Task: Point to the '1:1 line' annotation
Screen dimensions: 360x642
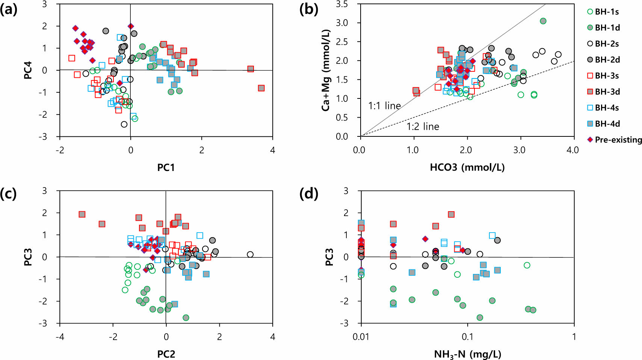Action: [384, 106]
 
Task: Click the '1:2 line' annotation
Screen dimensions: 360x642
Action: [423, 127]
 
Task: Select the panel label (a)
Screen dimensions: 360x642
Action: [9, 10]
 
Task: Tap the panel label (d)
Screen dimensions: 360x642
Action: [309, 194]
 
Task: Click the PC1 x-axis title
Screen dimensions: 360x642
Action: [166, 168]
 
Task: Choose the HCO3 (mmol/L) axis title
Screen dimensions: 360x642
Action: [467, 168]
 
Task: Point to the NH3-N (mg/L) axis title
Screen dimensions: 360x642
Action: [467, 354]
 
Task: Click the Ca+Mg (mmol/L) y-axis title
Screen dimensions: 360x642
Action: [325, 70]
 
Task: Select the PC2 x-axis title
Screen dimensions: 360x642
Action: [166, 354]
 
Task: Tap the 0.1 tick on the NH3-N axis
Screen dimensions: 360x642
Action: [467, 337]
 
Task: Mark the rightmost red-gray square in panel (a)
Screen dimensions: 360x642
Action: [261, 88]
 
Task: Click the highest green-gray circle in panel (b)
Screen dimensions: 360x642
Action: [543, 21]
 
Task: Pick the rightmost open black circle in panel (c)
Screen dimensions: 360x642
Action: [250, 254]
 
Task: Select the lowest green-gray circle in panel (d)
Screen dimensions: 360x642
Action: [480, 318]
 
